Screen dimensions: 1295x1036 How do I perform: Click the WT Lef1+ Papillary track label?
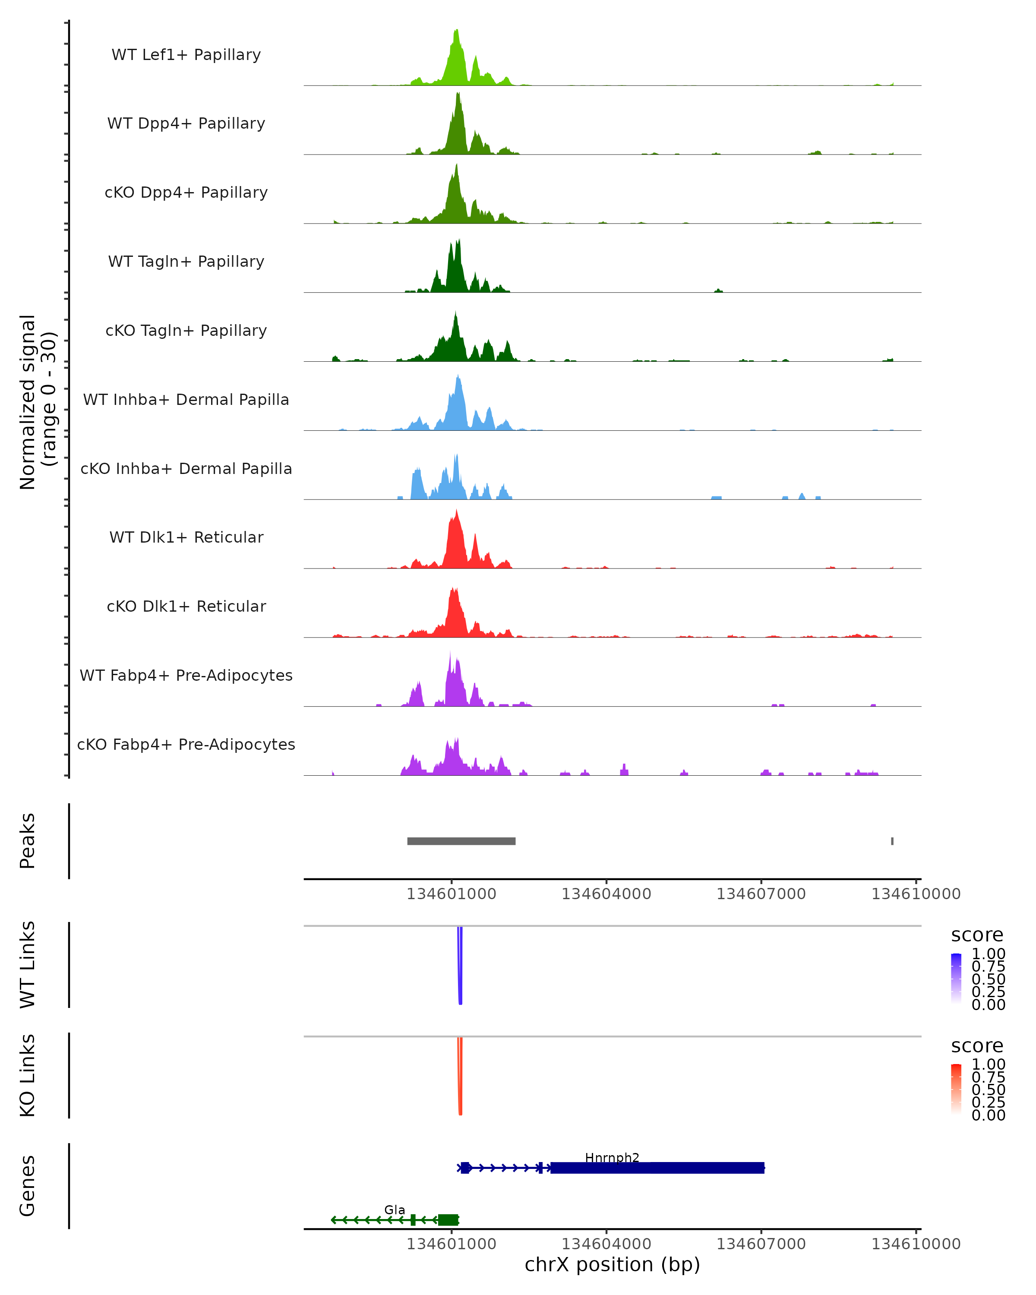tap(186, 55)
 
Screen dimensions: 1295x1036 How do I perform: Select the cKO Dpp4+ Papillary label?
tap(186, 192)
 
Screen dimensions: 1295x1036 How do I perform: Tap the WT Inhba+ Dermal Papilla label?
tap(186, 399)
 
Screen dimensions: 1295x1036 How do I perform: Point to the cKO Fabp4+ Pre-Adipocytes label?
tap(186, 744)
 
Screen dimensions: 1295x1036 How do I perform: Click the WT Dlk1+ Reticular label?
tap(186, 537)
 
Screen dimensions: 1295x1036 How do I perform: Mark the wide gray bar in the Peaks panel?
tap(461, 841)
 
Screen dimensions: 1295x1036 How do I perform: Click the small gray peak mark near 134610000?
tap(892, 841)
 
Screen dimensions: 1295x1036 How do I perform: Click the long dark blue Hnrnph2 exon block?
tap(657, 1168)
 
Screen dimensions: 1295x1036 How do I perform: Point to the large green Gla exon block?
tap(448, 1220)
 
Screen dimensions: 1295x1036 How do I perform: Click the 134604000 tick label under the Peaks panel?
tap(606, 894)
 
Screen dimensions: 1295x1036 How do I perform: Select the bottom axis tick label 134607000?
tap(761, 1244)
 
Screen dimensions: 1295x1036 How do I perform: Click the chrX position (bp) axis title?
tap(612, 1265)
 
